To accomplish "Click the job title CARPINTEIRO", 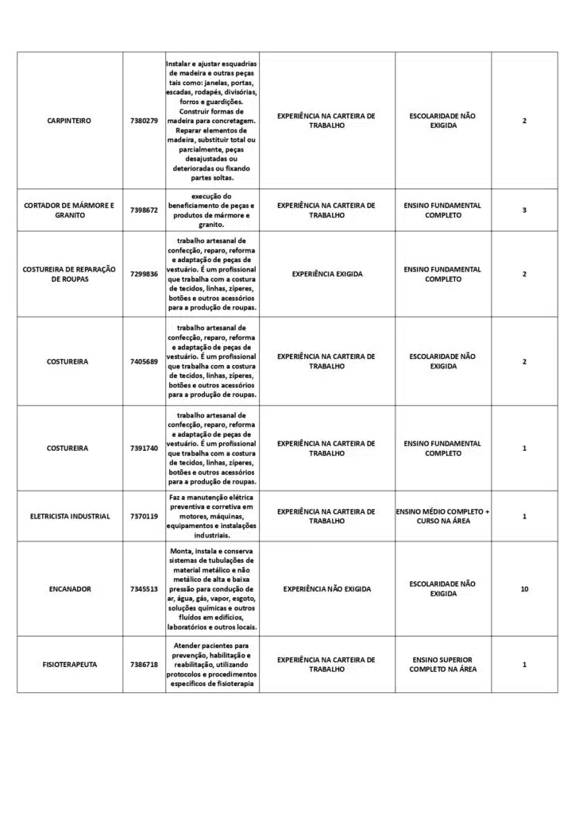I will point(69,121).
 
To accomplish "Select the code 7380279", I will point(144,121).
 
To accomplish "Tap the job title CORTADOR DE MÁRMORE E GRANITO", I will point(69,210).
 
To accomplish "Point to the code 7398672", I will point(144,210).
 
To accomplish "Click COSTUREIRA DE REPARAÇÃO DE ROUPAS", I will point(69,274).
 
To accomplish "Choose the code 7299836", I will point(144,274).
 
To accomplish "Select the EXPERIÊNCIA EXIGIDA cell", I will point(326,274).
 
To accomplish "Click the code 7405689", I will point(144,362).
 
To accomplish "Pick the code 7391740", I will point(144,449).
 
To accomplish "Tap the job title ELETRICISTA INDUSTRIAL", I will point(69,517).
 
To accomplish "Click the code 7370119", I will point(144,517).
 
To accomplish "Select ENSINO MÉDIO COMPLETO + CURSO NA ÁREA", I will point(442,517).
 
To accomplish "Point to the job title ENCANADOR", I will point(69,589).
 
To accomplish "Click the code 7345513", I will point(144,589).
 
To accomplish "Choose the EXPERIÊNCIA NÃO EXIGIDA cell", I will point(326,589).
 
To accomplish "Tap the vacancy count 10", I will point(524,589).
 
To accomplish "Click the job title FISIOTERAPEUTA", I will point(69,665).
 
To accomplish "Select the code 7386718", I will point(144,665).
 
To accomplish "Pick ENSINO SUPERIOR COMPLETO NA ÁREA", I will point(442,665).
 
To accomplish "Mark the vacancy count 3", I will point(524,210).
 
